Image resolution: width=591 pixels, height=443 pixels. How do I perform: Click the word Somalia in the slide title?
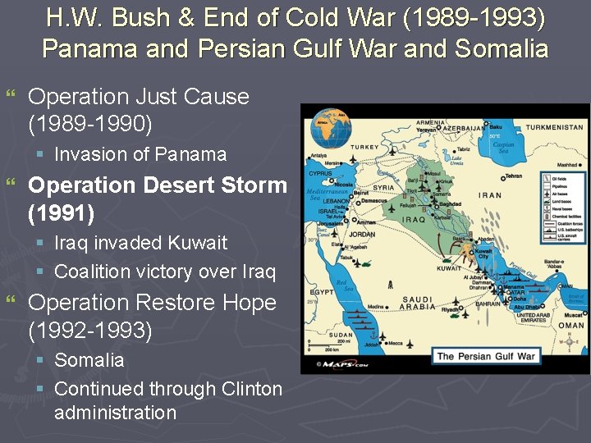pos(502,48)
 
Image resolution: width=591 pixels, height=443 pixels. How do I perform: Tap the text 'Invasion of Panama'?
pos(140,154)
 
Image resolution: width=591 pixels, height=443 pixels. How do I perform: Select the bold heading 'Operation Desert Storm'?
pos(158,185)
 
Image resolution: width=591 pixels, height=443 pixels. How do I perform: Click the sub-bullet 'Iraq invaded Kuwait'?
pos(140,243)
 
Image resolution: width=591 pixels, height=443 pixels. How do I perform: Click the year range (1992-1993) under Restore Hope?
pos(90,331)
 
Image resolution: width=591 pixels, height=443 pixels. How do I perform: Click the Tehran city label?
pos(514,176)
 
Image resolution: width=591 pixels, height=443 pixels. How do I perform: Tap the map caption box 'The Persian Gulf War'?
pos(486,356)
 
